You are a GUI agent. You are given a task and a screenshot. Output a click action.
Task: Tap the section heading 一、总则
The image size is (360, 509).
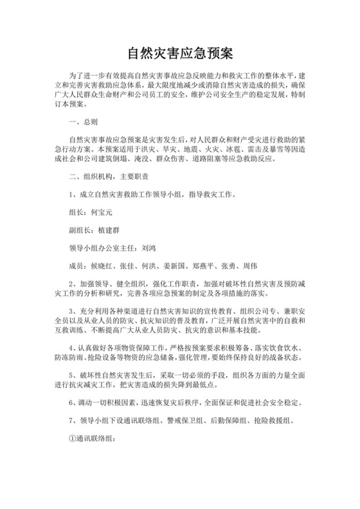tap(84, 121)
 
